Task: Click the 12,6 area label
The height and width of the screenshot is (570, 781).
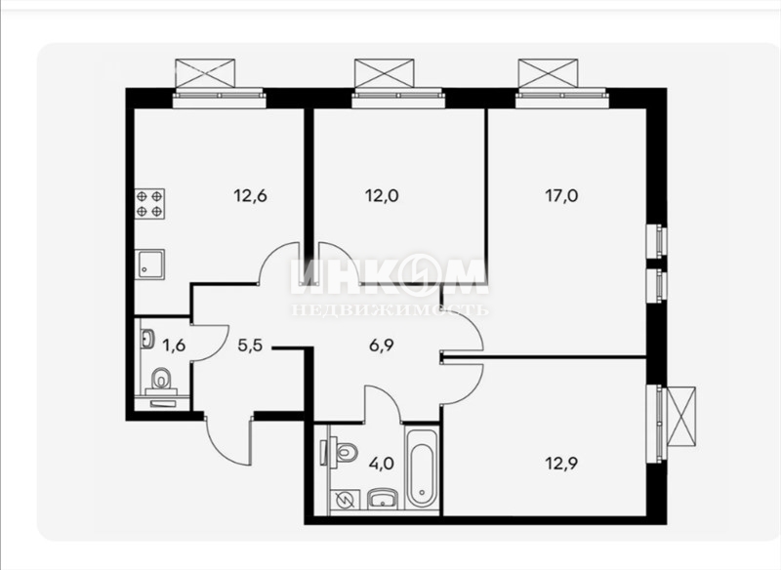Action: [x=251, y=196]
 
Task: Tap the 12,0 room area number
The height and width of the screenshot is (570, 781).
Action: [x=382, y=196]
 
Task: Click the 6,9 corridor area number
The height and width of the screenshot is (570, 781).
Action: [x=382, y=345]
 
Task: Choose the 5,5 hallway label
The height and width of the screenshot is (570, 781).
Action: [x=250, y=345]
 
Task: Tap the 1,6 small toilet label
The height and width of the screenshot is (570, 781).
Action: [x=174, y=345]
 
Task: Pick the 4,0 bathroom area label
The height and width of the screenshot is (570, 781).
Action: [x=382, y=464]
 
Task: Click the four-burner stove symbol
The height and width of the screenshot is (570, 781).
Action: [x=150, y=204]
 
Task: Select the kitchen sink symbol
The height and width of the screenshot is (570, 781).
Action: [x=150, y=265]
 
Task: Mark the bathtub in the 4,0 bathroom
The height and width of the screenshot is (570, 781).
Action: [x=422, y=467]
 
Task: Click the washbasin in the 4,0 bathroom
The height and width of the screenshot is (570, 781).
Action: [x=382, y=499]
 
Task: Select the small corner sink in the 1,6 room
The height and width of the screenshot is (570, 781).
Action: [x=148, y=339]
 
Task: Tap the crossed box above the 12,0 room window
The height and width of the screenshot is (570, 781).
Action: [x=384, y=73]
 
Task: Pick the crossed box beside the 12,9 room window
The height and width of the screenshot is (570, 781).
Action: [x=680, y=416]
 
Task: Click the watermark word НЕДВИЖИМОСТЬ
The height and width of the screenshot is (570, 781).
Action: [x=390, y=310]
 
